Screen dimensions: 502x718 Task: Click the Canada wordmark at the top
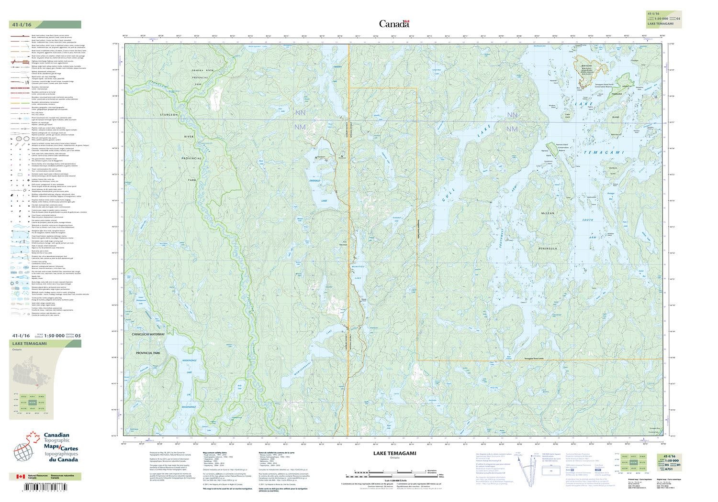(x=394, y=23)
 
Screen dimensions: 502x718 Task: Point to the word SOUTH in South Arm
(x=586, y=219)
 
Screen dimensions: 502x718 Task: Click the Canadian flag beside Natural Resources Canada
(x=20, y=477)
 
